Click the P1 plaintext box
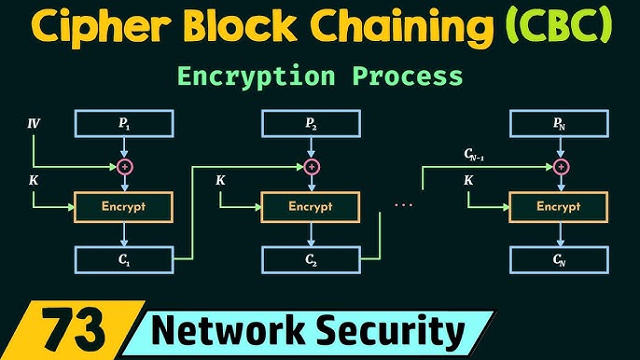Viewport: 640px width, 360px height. pos(125,122)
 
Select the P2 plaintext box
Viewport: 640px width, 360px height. pos(311,122)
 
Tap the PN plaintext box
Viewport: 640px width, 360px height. pos(559,122)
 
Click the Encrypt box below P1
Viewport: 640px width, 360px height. pos(125,207)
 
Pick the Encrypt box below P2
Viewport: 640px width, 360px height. pos(311,207)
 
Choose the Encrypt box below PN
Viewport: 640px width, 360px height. pos(559,207)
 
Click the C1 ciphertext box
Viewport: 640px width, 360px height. pos(125,259)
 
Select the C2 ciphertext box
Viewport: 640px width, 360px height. pos(311,259)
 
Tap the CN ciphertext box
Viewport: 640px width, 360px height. pos(559,259)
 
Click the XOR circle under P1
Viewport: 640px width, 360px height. pos(125,166)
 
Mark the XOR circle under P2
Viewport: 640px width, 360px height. pos(311,166)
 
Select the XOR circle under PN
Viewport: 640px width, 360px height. pos(559,166)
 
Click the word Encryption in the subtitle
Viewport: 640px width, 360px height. pos(263,76)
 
